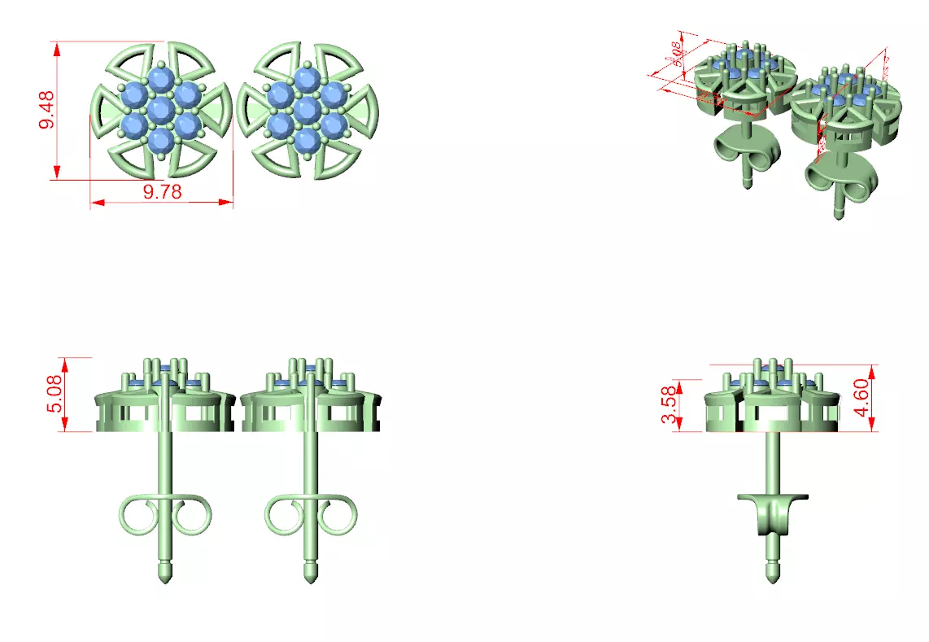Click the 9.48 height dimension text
click(x=46, y=110)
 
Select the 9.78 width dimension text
click(x=162, y=191)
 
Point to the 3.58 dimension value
click(x=669, y=405)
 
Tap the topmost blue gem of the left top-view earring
click(x=161, y=80)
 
